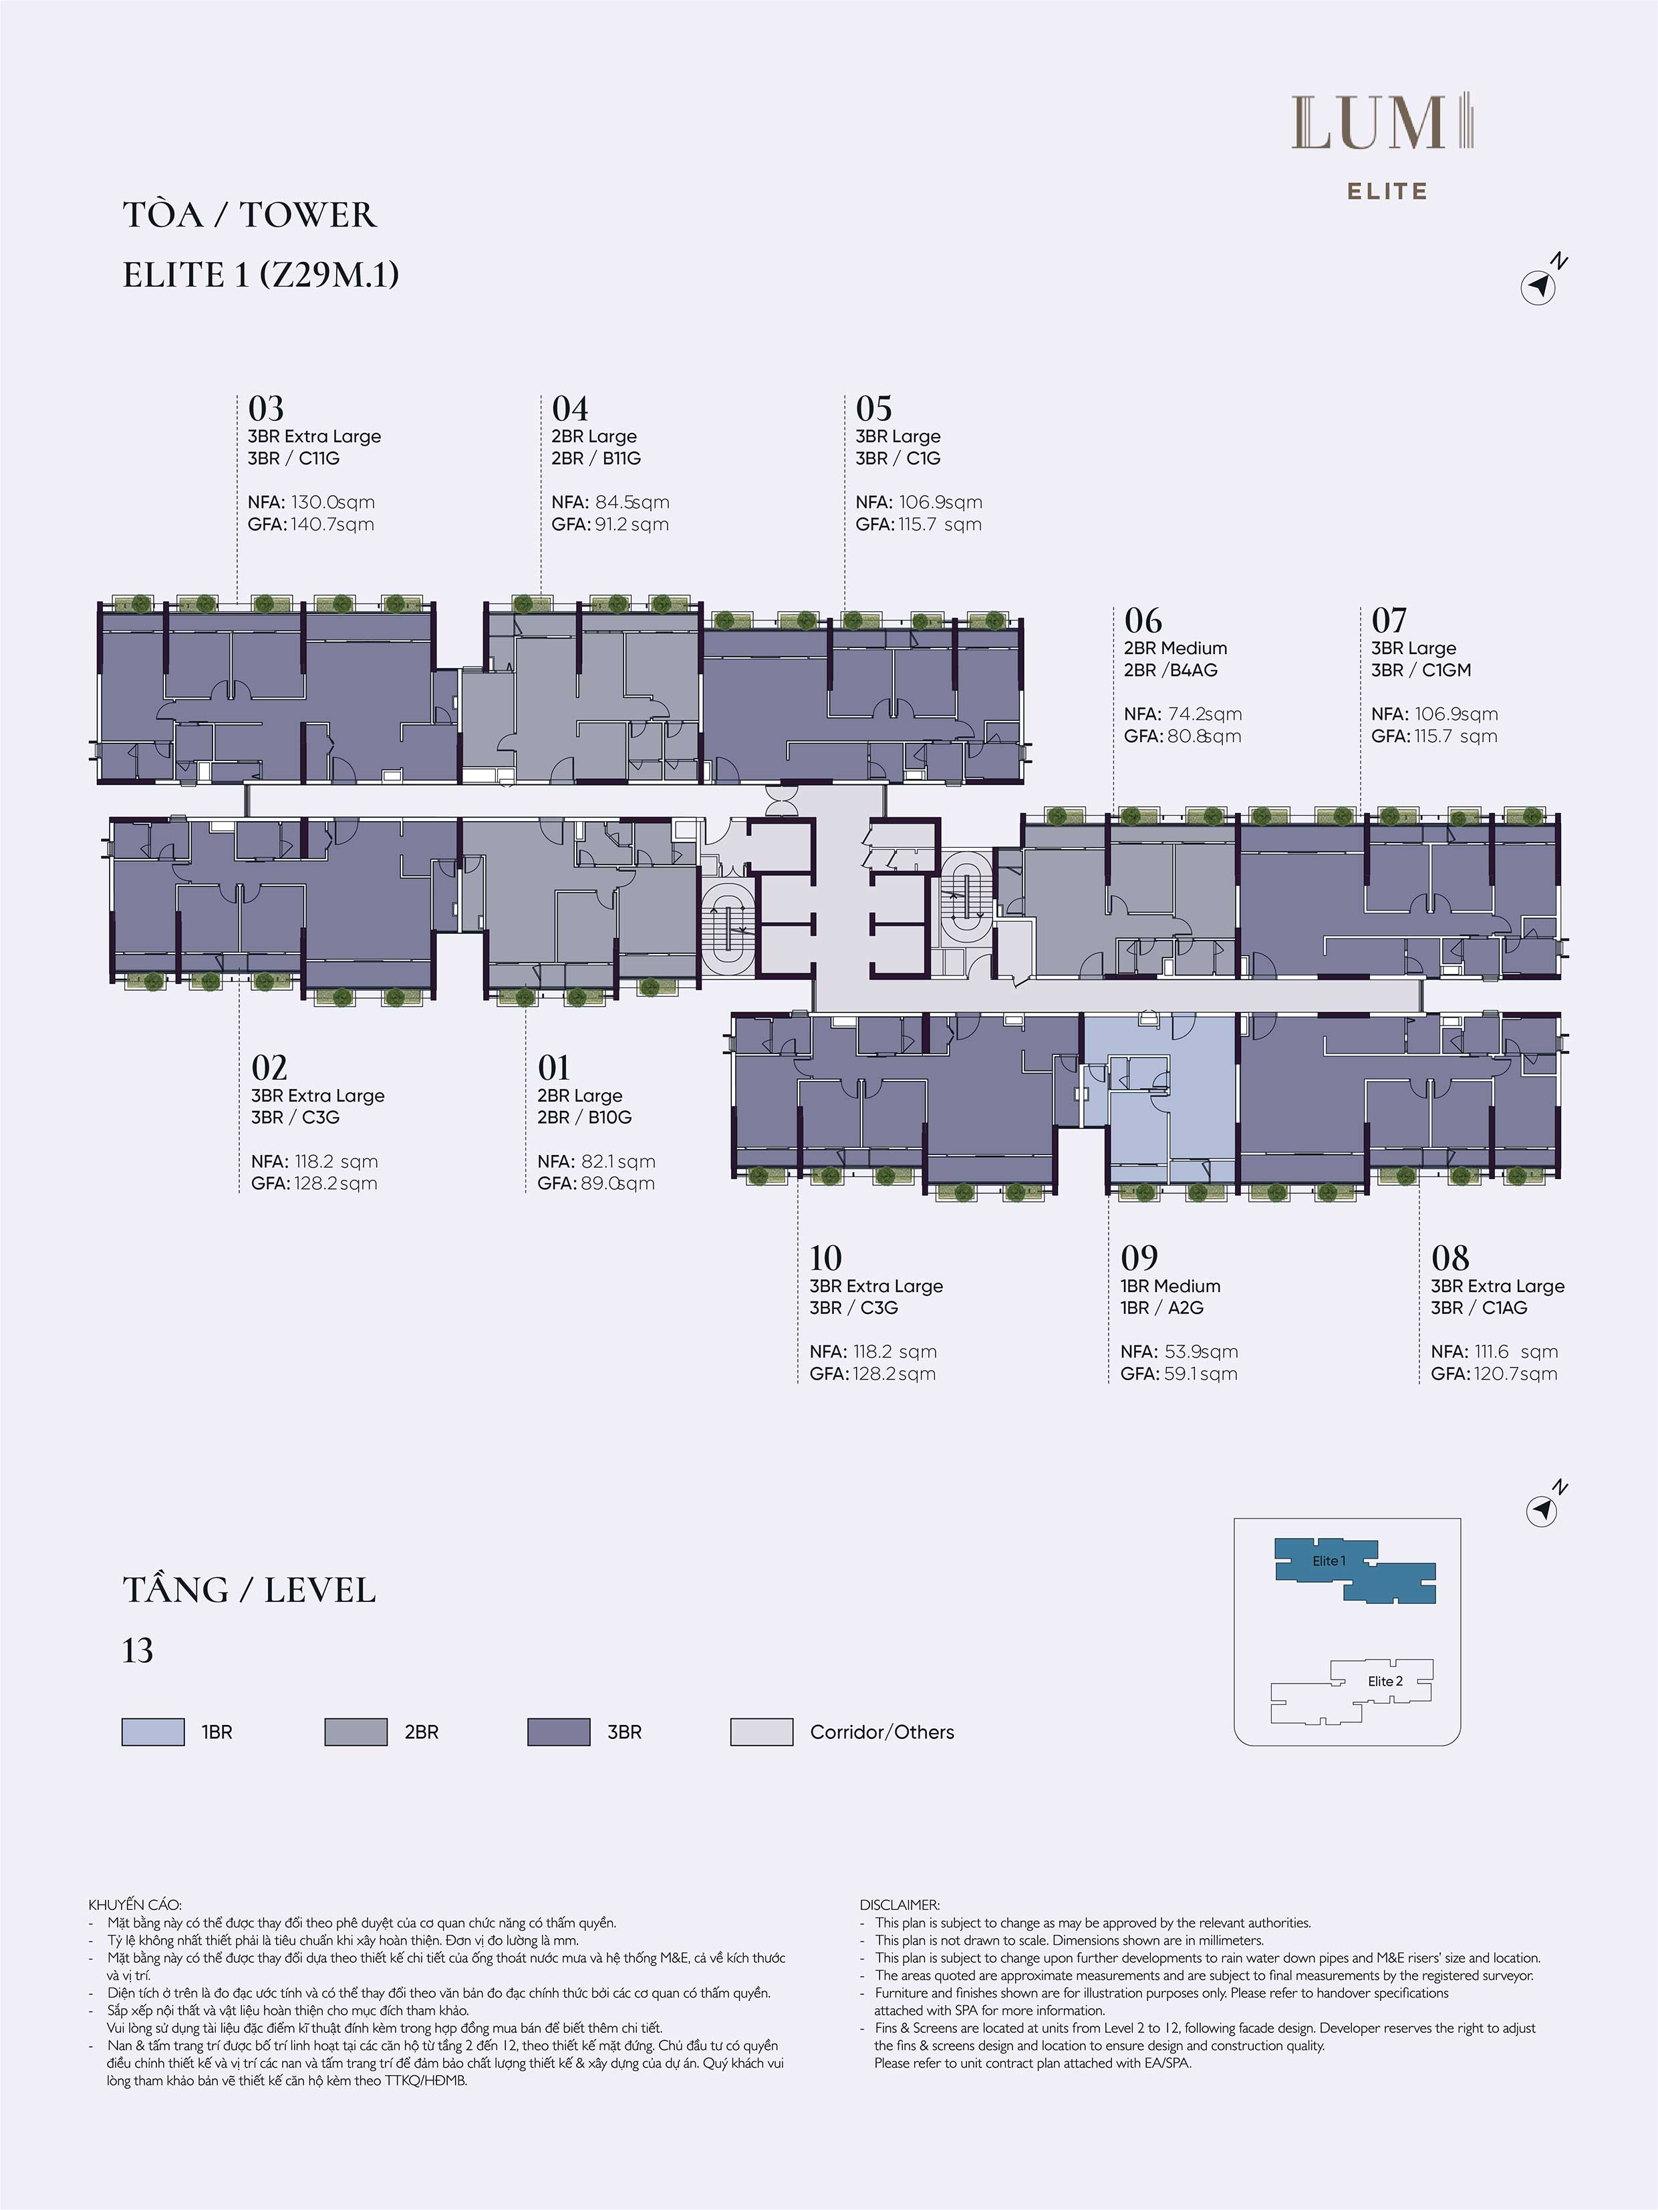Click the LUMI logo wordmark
1384,124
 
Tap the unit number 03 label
266,409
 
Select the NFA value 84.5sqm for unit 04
632,502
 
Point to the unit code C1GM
1446,670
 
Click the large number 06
1143,621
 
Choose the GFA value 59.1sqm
1202,1374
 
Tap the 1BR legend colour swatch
153,1732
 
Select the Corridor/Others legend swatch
762,1732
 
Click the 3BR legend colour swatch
559,1732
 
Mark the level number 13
138,1651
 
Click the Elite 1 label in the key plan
1329,1561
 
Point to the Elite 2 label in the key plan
1385,1682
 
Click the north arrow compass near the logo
1539,287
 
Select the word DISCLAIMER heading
900,1906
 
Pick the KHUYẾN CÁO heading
135,1906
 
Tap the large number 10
825,1258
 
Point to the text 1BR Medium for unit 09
1170,1287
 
